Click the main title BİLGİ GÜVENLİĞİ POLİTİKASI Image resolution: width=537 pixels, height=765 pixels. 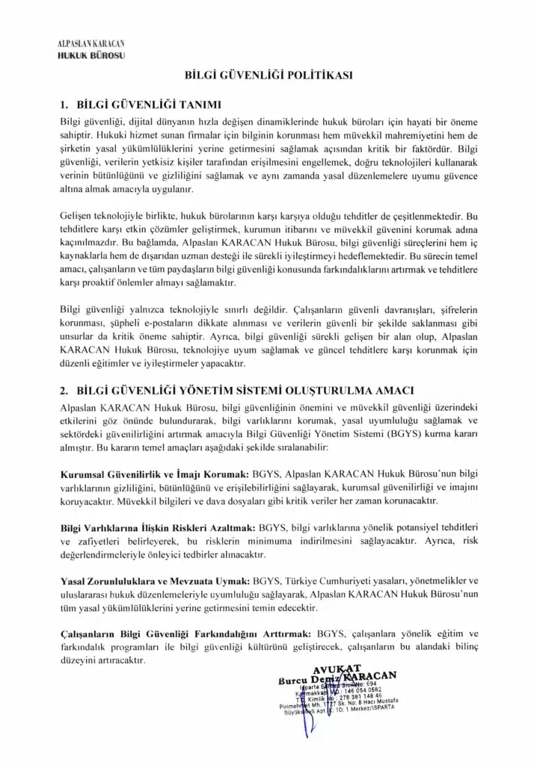coord(268,75)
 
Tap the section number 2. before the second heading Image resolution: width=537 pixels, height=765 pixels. coord(64,389)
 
